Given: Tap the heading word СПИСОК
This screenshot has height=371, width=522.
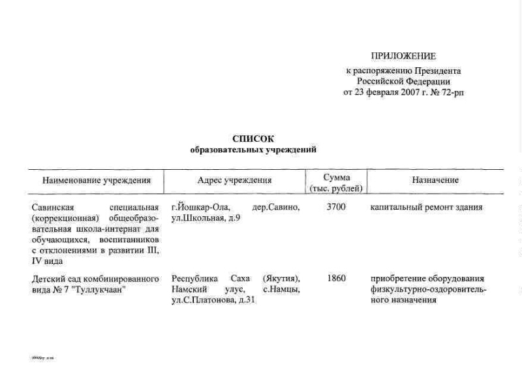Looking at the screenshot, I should click(x=253, y=139).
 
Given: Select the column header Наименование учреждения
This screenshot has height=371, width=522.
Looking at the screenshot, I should click(x=97, y=180).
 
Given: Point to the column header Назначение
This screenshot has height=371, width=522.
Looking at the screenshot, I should click(x=435, y=180).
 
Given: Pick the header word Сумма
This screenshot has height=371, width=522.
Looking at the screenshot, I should click(x=337, y=177).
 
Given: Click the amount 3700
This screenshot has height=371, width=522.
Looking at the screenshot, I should click(x=335, y=208).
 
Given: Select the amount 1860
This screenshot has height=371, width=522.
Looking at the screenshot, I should click(x=335, y=278).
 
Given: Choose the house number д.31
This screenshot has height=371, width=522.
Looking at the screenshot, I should click(x=252, y=300).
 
